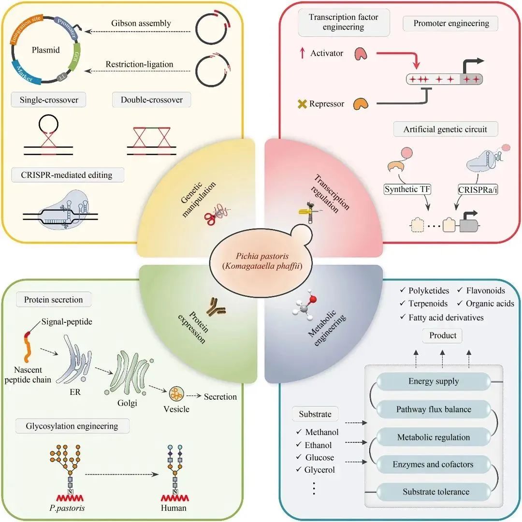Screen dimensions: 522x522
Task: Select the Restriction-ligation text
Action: coord(139,64)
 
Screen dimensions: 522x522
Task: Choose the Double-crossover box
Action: coord(151,100)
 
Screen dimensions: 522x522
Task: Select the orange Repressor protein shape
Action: coord(361,103)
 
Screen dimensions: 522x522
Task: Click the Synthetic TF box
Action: coord(406,189)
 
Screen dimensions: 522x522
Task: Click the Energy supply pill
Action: coord(434,381)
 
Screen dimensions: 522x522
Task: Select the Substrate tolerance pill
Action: coord(436,492)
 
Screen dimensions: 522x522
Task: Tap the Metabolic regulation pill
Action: coord(434,437)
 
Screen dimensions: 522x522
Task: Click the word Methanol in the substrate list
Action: coord(322,432)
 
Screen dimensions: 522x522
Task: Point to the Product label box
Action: coord(442,336)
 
